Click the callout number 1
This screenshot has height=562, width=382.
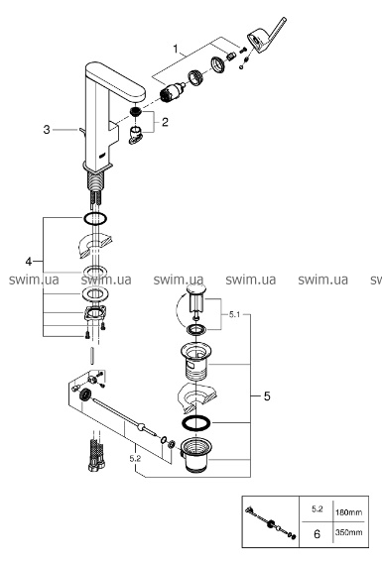tap(176, 49)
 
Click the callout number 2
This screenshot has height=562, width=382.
tap(165, 122)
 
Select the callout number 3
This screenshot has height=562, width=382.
tap(47, 130)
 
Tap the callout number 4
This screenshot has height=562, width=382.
tap(29, 262)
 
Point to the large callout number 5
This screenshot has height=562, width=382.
tap(267, 396)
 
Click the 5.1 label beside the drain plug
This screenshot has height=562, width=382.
tap(234, 315)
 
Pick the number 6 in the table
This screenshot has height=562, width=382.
tap(317, 534)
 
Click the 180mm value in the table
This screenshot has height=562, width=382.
tap(348, 512)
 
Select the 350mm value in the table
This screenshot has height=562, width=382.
tap(348, 532)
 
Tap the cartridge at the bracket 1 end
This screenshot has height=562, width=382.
tap(173, 92)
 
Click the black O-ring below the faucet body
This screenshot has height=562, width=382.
tap(95, 218)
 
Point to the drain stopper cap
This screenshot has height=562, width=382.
tap(196, 290)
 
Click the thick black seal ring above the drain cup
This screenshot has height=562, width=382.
tap(196, 423)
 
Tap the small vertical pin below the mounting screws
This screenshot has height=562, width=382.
tap(93, 356)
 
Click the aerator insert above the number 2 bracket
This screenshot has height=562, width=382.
tap(136, 111)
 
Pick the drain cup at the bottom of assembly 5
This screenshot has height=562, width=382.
tap(196, 455)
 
